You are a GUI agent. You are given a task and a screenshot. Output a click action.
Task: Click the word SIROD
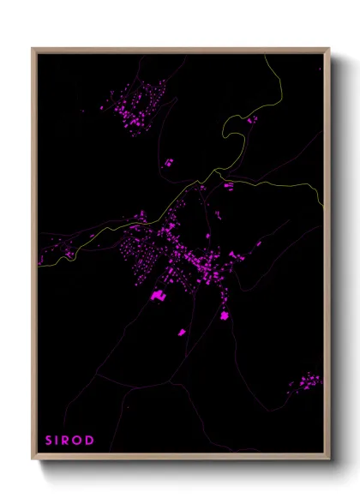[x=69, y=441]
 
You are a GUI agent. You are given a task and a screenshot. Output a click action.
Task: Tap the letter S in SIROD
[x=49, y=441]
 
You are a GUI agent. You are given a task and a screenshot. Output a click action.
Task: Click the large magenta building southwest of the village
[x=158, y=296]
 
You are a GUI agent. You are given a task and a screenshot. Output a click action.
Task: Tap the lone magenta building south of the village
[x=182, y=331]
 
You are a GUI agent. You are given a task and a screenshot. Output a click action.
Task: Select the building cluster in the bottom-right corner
[x=304, y=381]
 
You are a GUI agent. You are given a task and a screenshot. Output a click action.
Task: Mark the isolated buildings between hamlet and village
[x=169, y=161]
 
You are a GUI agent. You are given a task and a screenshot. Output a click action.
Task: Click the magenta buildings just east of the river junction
[x=228, y=184]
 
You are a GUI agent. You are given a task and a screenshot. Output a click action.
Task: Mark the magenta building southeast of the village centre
[x=225, y=316]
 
